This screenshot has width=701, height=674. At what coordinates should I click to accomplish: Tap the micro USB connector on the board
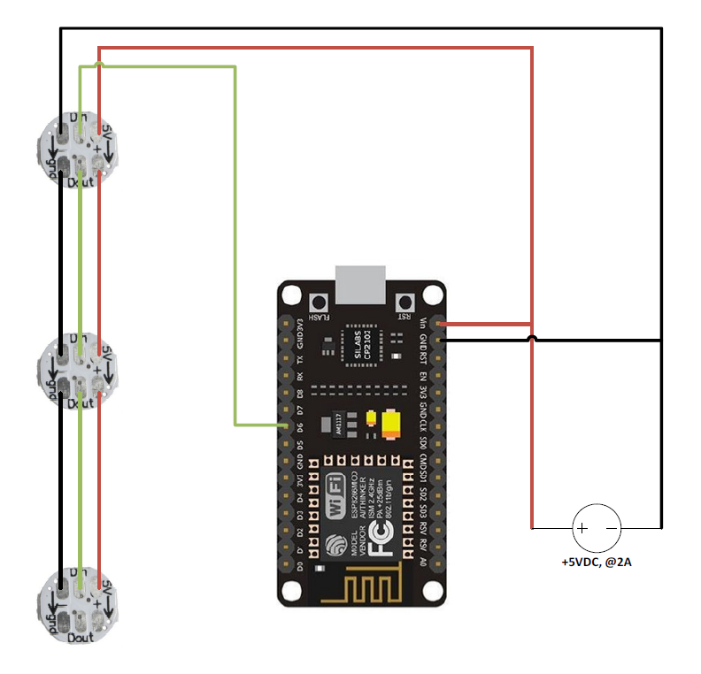click(x=362, y=283)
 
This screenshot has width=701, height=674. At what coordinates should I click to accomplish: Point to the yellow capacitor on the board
click(x=390, y=425)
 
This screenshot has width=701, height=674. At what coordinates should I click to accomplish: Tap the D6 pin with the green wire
click(x=286, y=426)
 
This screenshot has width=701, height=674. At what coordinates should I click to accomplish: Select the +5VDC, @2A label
click(x=596, y=562)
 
